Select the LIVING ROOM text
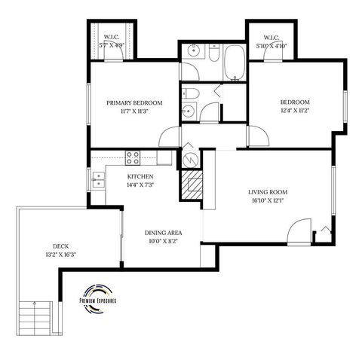(x=268, y=192)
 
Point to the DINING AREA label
(x=163, y=233)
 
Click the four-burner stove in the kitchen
(x=133, y=157)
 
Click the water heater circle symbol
(x=190, y=160)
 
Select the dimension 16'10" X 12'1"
(x=268, y=201)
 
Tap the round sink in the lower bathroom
(x=189, y=110)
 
